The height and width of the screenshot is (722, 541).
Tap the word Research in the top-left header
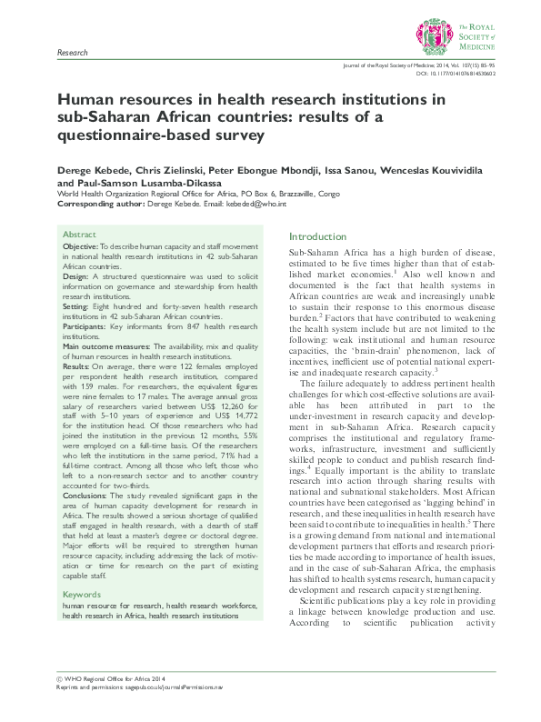point(72,54)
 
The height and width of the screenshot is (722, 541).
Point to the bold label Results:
point(76,366)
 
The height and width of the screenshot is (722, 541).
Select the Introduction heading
point(317,236)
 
